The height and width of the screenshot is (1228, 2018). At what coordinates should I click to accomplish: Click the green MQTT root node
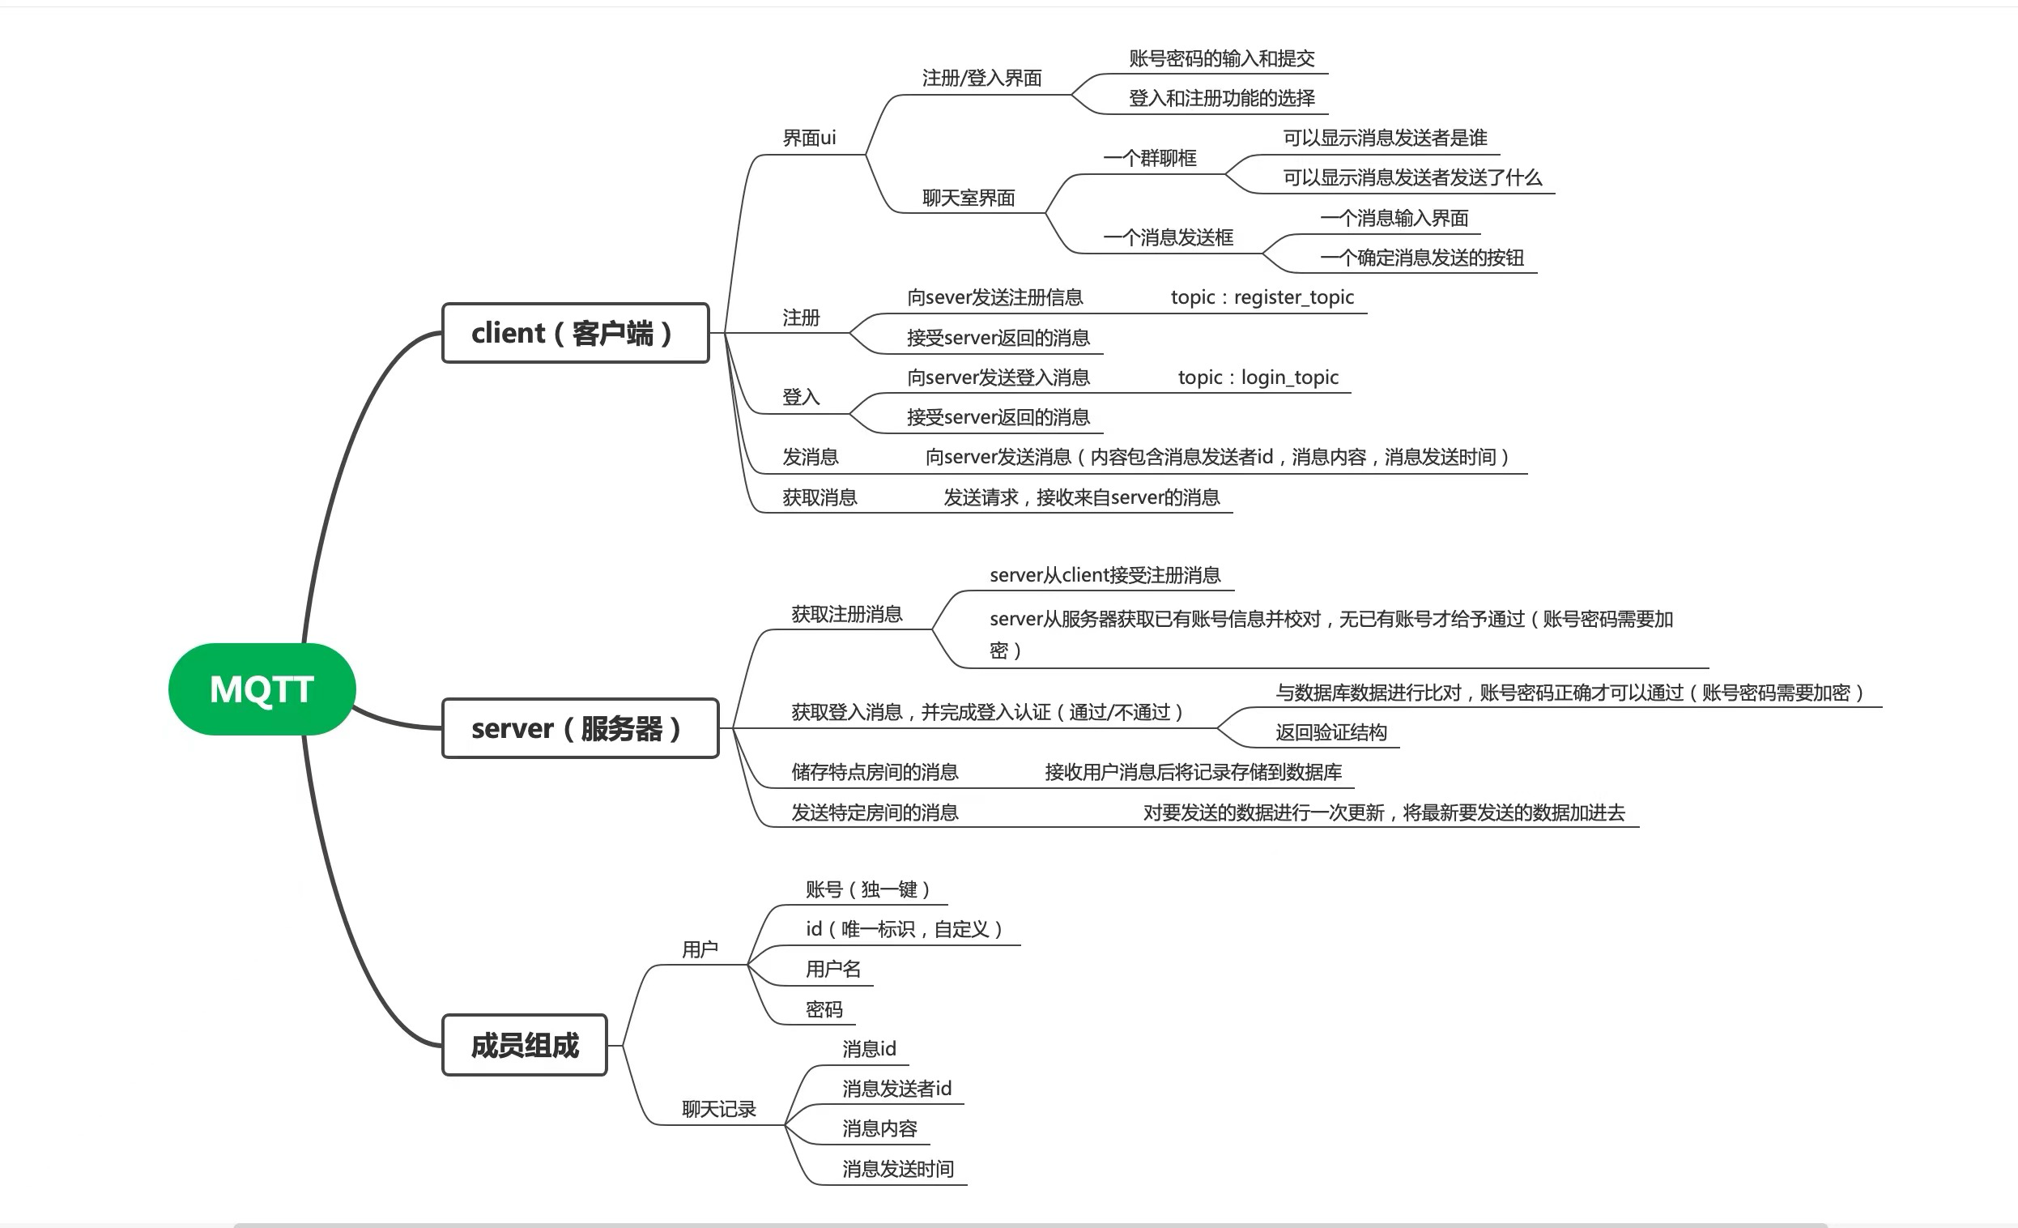coord(262,689)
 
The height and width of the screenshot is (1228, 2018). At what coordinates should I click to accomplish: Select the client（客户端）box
coord(575,333)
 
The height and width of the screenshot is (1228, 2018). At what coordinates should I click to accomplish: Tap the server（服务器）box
coord(580,728)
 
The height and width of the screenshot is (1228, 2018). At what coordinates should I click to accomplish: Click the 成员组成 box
coord(524,1045)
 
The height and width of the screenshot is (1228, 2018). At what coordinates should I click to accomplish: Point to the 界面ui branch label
coord(809,138)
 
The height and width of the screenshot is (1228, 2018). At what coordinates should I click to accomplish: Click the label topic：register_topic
coord(1262,297)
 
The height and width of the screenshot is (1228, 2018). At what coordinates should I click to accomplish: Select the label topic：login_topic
coord(1258,377)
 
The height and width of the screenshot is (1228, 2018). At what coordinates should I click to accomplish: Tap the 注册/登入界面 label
coord(982,78)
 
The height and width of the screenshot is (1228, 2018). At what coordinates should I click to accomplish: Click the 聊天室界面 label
coord(969,198)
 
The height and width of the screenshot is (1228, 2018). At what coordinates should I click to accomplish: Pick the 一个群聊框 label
coord(1150,158)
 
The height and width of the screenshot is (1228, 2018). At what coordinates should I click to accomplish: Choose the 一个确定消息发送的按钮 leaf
coord(1423,258)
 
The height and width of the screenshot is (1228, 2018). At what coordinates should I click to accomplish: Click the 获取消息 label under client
coord(820,497)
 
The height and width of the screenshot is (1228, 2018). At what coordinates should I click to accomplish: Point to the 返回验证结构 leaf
coord(1330,732)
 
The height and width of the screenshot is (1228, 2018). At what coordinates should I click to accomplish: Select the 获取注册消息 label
coord(847,615)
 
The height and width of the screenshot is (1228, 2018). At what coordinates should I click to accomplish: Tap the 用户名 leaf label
coord(833,969)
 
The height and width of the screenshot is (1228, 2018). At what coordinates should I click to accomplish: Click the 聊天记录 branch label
coord(719,1109)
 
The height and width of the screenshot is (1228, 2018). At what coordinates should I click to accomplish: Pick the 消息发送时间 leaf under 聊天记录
coord(898,1169)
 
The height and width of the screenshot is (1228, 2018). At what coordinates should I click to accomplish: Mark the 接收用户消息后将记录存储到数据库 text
coord(1194,772)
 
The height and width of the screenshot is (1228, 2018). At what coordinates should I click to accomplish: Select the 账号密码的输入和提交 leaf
coord(1222,58)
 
